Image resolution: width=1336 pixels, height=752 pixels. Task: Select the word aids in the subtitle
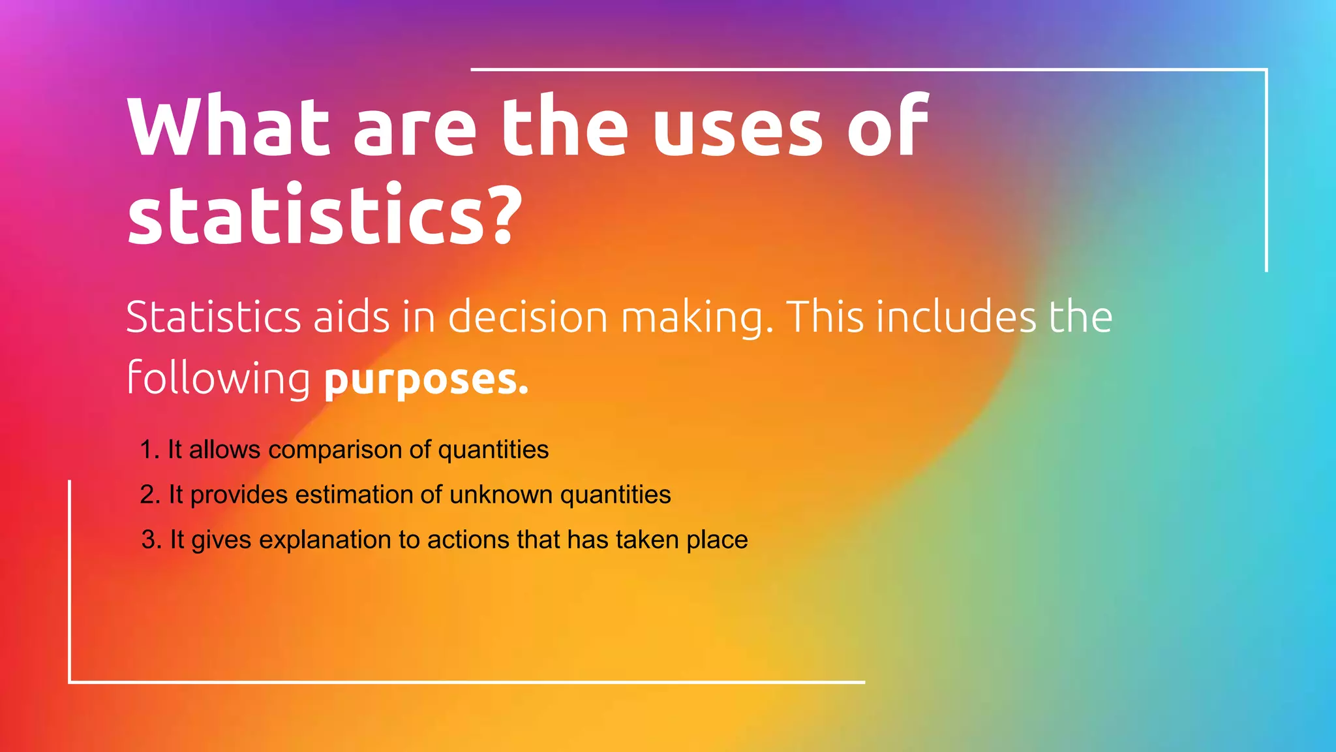(x=352, y=317)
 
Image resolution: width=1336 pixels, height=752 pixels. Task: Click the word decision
(x=528, y=317)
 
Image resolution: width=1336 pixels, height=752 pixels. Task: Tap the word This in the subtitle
(x=825, y=317)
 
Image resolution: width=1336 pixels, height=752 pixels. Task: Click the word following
(x=219, y=379)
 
